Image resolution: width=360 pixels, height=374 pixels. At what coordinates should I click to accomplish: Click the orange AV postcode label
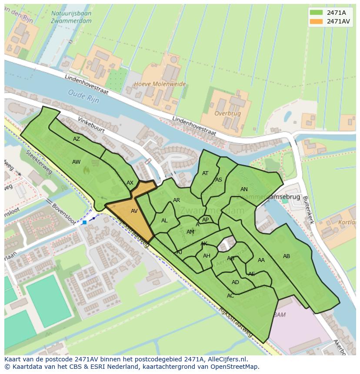point(134,211)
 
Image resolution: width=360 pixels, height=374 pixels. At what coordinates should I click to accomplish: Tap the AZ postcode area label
point(77,139)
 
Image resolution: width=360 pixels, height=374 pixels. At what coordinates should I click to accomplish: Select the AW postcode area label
point(77,162)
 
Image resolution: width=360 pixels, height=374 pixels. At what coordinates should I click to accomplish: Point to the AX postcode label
point(130,183)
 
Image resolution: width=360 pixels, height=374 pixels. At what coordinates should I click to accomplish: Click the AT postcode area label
point(205,173)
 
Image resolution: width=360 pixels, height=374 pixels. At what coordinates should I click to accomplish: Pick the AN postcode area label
point(244,189)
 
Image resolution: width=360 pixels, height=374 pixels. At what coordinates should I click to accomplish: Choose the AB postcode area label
point(287,256)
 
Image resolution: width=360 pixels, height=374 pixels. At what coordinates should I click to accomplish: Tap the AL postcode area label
point(164,221)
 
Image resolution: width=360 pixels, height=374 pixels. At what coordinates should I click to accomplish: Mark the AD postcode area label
point(235,282)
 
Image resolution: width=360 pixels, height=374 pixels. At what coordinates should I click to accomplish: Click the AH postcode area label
point(207,256)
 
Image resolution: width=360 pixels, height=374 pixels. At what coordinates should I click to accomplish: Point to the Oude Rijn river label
point(83,96)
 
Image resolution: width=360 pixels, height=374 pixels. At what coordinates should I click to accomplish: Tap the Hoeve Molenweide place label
point(160,84)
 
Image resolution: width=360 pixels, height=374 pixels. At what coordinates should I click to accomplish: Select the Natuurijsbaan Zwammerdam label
point(71,17)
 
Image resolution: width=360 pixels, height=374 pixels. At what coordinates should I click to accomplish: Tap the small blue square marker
point(84,222)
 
